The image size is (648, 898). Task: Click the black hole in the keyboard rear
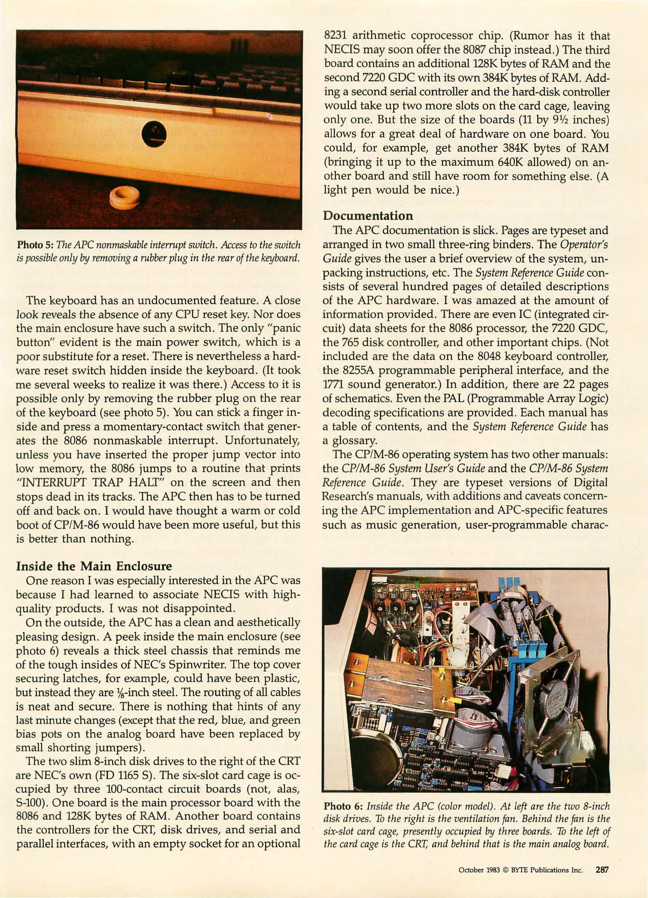(154, 134)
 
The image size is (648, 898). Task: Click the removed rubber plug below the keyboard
(124, 197)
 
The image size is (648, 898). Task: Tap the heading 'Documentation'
(368, 216)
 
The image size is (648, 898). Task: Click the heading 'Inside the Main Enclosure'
(94, 566)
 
